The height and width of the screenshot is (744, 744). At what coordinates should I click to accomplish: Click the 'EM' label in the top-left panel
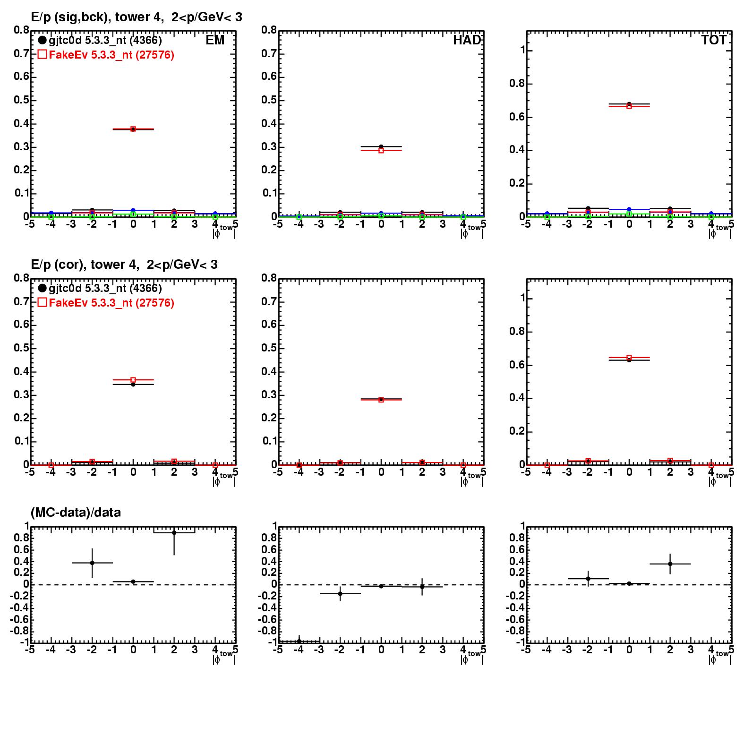coord(215,40)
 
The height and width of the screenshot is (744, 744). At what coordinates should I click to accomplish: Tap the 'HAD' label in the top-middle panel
coord(467,40)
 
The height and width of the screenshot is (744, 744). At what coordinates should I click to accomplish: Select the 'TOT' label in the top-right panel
coord(714,40)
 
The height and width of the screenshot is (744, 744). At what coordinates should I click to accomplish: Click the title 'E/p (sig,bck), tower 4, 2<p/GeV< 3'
coord(136,17)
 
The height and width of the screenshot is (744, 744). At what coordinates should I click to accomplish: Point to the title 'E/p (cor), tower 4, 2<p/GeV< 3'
coord(124,265)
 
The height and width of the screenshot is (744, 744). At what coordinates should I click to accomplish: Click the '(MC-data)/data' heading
coord(76,512)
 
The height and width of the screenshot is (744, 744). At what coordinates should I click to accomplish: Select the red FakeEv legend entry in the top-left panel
coord(106,55)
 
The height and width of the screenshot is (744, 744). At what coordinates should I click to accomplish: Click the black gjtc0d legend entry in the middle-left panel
coord(100,288)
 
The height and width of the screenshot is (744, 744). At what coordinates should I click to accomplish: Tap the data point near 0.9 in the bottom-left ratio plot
coord(174,533)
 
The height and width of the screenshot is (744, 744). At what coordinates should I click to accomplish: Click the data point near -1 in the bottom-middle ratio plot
coord(299,641)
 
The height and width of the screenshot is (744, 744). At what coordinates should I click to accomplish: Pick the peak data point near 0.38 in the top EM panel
coord(133,129)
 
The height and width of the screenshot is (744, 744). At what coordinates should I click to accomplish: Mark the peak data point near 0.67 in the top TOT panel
coord(629,105)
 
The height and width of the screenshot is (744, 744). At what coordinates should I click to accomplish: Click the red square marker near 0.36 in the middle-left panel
coord(133,380)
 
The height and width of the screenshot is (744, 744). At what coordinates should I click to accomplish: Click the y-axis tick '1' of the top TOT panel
coord(522,51)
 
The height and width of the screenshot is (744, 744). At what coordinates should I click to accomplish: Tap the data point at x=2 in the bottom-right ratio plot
coord(670,564)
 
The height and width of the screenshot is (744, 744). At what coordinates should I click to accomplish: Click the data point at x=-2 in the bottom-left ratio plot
coord(92,563)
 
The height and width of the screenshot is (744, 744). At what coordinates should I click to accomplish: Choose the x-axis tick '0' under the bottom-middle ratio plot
coord(381,650)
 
